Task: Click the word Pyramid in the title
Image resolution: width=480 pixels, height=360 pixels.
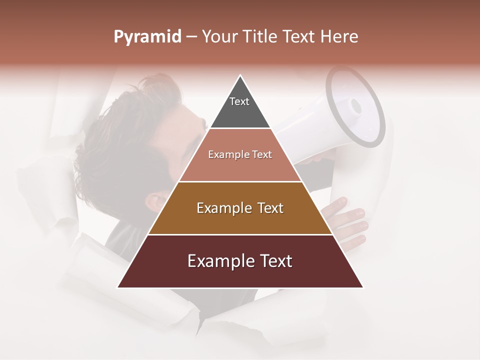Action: [x=147, y=37]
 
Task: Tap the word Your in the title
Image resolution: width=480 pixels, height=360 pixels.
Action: [x=220, y=37]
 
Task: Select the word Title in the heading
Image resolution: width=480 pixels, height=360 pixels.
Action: [x=260, y=37]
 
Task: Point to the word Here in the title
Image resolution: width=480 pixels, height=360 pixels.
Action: [x=339, y=37]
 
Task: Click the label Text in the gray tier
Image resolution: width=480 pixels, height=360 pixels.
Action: [x=239, y=101]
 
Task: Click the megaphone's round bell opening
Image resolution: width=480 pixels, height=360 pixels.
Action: [x=355, y=107]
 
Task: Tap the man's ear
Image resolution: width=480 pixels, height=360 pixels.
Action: [x=154, y=202]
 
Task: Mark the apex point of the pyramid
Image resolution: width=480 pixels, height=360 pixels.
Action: [x=240, y=76]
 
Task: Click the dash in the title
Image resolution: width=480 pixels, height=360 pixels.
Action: [x=191, y=37]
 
